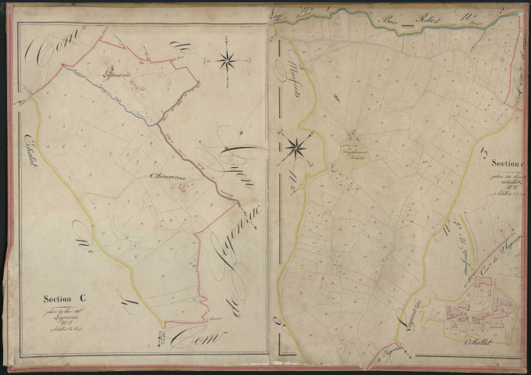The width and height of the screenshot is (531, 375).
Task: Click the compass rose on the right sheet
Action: pyautogui.click(x=297, y=145)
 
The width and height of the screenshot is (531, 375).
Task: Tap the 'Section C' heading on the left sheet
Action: pyautogui.click(x=64, y=298)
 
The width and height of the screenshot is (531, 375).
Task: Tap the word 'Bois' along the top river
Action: pyautogui.click(x=392, y=19)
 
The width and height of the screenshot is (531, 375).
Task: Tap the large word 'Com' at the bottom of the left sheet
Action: pyautogui.click(x=189, y=336)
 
